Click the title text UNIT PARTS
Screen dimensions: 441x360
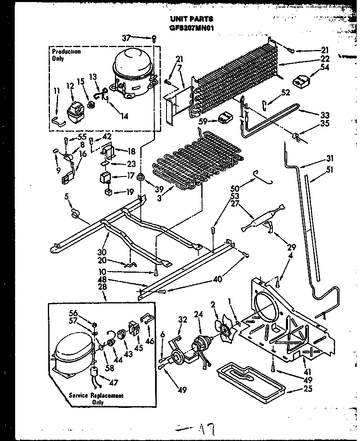click(191, 19)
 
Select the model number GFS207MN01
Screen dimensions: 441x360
click(191, 28)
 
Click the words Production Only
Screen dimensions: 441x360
click(66, 55)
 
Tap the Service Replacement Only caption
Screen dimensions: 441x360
click(96, 399)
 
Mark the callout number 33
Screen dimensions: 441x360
click(325, 115)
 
